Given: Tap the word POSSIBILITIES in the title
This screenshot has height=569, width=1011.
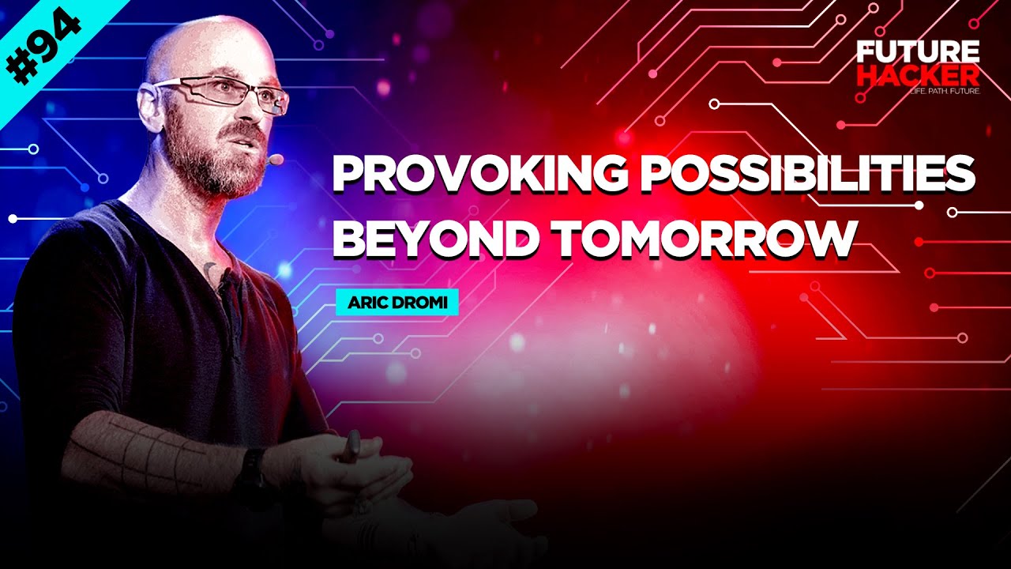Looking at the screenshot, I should coord(806,175).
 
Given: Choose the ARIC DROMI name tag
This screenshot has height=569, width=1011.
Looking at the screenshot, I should coord(397,303).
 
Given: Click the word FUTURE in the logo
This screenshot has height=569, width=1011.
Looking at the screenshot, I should coord(919,52).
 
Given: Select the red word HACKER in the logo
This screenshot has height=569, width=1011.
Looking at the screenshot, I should coord(919,76).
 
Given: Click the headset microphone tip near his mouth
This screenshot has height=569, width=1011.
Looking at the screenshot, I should coord(275,160).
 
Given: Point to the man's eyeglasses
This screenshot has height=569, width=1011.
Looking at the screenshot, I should coord(229,94).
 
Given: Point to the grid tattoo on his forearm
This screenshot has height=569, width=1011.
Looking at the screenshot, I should coord(150,450).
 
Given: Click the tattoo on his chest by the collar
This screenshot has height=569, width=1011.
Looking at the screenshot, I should coord(209,271).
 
